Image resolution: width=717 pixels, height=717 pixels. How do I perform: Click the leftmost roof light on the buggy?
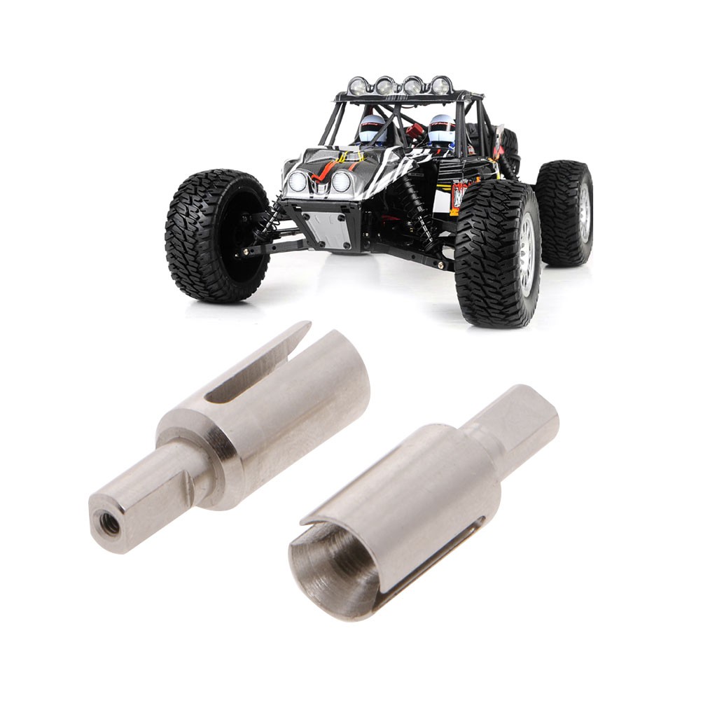(358, 86)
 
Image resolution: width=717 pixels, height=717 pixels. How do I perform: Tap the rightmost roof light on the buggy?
(440, 85)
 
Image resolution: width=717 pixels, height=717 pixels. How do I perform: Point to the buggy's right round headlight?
(341, 181)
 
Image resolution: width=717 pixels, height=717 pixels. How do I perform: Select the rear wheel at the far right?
(566, 213)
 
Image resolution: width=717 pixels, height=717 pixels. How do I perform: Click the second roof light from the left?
(384, 86)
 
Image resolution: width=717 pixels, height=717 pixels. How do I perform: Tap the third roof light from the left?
(412, 85)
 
